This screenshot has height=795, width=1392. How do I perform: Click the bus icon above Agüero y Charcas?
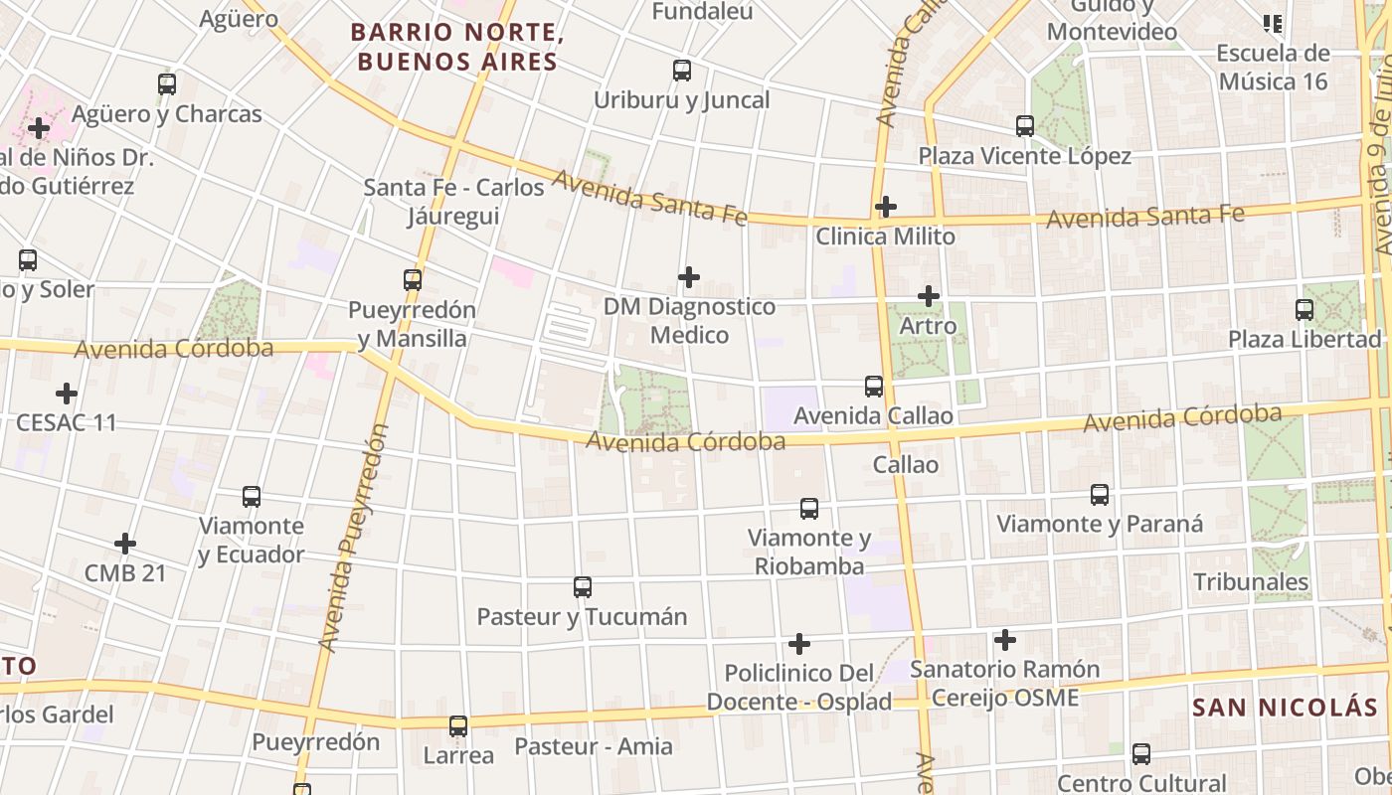tap(167, 84)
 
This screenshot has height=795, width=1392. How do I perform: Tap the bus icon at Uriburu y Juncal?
tap(682, 71)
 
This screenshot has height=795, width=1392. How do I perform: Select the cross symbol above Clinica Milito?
tap(886, 207)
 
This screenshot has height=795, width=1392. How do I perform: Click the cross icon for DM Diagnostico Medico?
tap(689, 276)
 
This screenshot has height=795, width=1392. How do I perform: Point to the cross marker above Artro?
tap(929, 296)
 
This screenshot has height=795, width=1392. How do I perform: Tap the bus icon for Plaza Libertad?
tap(1305, 310)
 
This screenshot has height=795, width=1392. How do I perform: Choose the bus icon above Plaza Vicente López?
tap(1025, 126)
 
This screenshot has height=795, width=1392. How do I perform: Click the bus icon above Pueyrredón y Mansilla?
tap(413, 280)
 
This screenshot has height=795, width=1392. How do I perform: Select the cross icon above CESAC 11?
tap(67, 394)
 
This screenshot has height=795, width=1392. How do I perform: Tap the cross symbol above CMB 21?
tap(125, 544)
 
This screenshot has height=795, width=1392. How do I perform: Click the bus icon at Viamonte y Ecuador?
tap(252, 497)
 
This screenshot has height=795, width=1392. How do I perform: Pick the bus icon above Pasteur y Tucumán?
tap(583, 587)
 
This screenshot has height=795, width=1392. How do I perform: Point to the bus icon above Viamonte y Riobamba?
tap(809, 509)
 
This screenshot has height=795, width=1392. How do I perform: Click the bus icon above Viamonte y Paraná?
tap(1100, 495)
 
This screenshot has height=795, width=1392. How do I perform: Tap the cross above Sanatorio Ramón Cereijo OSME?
tap(1005, 640)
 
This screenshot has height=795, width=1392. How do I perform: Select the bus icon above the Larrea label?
tap(458, 726)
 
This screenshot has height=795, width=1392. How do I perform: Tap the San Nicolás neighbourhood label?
tap(1285, 708)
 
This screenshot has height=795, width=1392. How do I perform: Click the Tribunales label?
tap(1251, 581)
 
